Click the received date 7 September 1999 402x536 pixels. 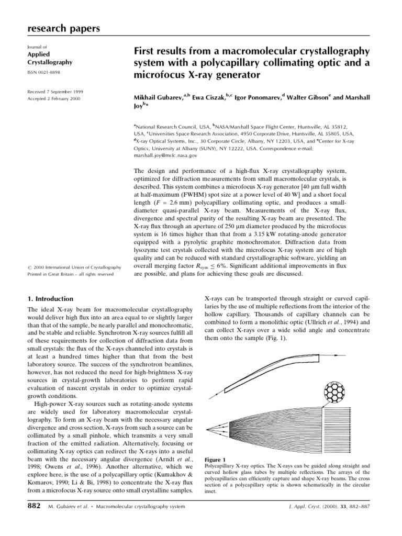click(54, 91)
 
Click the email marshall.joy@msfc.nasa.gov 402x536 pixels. click(165, 155)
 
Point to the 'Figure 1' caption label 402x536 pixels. click(215, 459)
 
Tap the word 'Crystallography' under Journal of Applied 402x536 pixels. click(50, 62)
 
